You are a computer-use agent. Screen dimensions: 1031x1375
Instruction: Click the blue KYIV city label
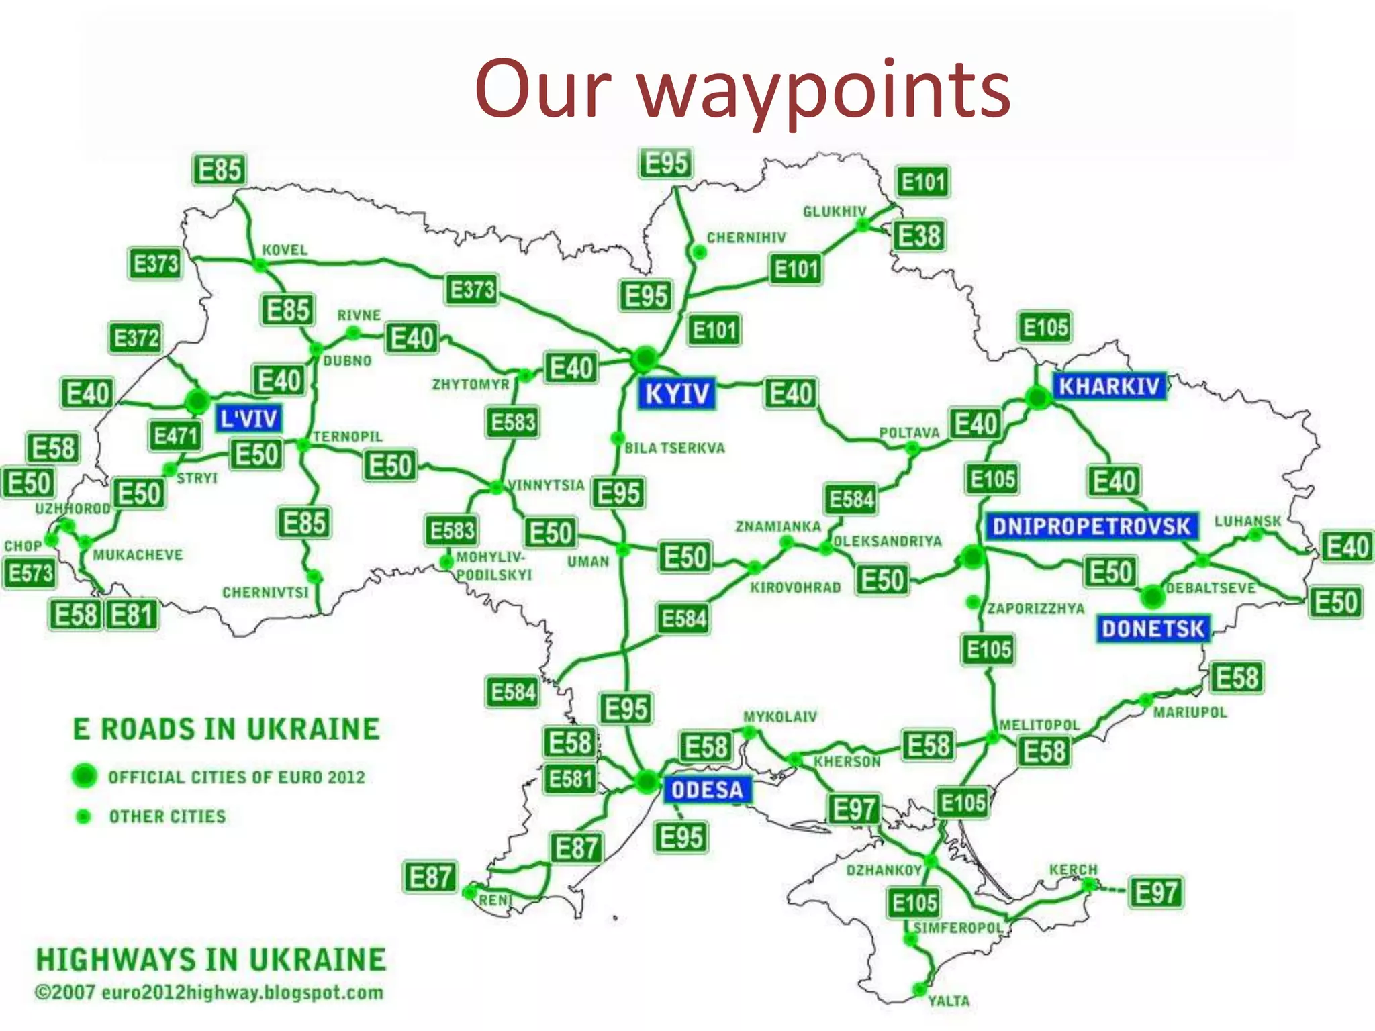[x=676, y=393]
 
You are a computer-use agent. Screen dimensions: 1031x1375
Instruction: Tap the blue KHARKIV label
[x=1109, y=386]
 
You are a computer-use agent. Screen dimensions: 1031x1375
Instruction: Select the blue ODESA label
[x=707, y=790]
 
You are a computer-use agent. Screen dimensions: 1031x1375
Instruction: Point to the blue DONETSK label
[x=1153, y=629]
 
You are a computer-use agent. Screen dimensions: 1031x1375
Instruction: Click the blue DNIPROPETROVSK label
[x=1091, y=526]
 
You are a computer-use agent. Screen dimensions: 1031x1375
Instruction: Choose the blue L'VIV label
[x=248, y=419]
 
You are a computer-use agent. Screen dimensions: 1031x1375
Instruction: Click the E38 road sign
[x=919, y=236]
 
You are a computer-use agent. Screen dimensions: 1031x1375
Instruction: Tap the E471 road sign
[x=175, y=436]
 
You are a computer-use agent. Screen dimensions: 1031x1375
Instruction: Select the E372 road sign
[x=136, y=338]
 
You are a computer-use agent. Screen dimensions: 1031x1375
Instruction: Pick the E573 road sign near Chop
[x=30, y=573]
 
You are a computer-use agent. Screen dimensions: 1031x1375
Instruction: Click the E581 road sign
[x=570, y=779]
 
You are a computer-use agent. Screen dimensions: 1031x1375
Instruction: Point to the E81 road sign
[x=132, y=614]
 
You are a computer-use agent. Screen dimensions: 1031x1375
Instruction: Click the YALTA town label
[x=949, y=1001]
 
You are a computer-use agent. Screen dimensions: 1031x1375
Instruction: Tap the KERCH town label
[x=1073, y=869]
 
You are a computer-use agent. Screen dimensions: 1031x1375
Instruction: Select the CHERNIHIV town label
[x=746, y=238]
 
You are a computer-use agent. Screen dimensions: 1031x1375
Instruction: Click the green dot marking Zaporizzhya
[x=973, y=602]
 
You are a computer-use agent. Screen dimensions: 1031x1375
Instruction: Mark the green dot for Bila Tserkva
[x=617, y=438]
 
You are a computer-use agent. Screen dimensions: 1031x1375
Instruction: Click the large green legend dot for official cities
[x=85, y=776]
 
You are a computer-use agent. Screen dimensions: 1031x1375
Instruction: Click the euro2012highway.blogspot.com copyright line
[x=209, y=993]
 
